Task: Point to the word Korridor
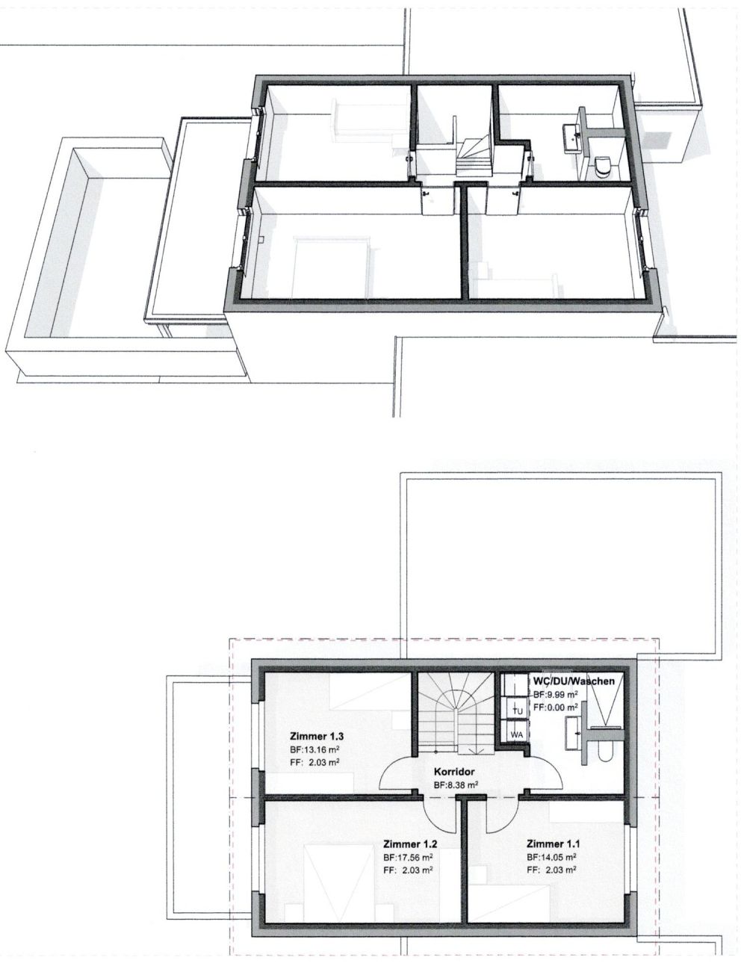(x=453, y=772)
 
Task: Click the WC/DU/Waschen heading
(x=574, y=681)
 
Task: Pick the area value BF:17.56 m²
(x=408, y=857)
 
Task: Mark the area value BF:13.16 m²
(x=314, y=749)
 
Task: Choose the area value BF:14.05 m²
(x=551, y=856)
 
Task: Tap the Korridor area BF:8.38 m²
(x=456, y=786)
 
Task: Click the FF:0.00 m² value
(x=556, y=708)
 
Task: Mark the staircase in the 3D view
(x=474, y=157)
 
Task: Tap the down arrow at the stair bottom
(x=474, y=752)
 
